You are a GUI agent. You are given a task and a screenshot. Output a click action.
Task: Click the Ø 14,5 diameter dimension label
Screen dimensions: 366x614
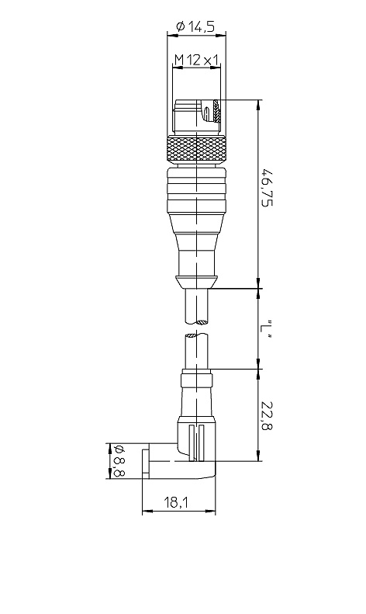tap(195, 26)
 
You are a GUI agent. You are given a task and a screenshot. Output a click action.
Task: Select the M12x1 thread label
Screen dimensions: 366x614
tap(196, 60)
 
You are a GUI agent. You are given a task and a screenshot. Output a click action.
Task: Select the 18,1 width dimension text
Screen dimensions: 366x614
tap(176, 502)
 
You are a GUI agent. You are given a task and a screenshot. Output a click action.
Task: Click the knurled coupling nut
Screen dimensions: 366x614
tap(197, 150)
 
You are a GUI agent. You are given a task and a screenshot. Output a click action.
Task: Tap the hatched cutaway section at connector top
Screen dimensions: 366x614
tap(217, 111)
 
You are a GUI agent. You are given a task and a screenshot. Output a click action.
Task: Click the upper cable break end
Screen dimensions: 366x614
tap(197, 322)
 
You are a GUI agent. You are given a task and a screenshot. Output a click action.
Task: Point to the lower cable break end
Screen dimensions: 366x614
tap(197, 335)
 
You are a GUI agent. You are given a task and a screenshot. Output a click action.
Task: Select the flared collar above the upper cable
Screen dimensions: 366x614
tap(196, 283)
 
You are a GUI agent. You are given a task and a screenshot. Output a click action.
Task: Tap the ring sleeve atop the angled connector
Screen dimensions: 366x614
tap(197, 380)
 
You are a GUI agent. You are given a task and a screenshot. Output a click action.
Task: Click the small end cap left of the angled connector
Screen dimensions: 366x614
tap(145, 463)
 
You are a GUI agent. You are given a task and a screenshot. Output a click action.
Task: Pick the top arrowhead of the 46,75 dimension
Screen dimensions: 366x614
tap(258, 105)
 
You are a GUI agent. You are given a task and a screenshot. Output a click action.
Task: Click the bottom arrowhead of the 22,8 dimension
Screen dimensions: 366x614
tap(258, 456)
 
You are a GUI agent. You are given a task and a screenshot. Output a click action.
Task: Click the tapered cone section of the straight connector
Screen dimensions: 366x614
tap(196, 232)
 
